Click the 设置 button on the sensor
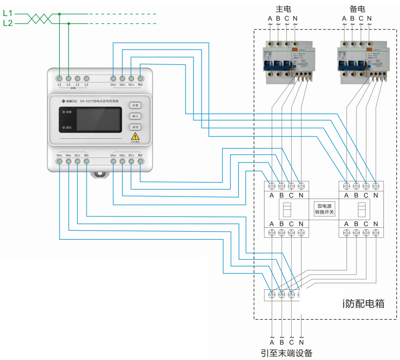point(135,105)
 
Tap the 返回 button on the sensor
point(135,127)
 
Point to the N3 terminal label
point(140,85)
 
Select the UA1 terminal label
point(60,155)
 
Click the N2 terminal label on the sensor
point(140,155)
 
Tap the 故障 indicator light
point(63,112)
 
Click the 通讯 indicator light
point(63,127)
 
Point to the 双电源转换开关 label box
point(325,209)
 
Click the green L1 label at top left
point(8,14)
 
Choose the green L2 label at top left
point(8,23)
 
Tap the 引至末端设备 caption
point(286,353)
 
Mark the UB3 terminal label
point(122,85)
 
